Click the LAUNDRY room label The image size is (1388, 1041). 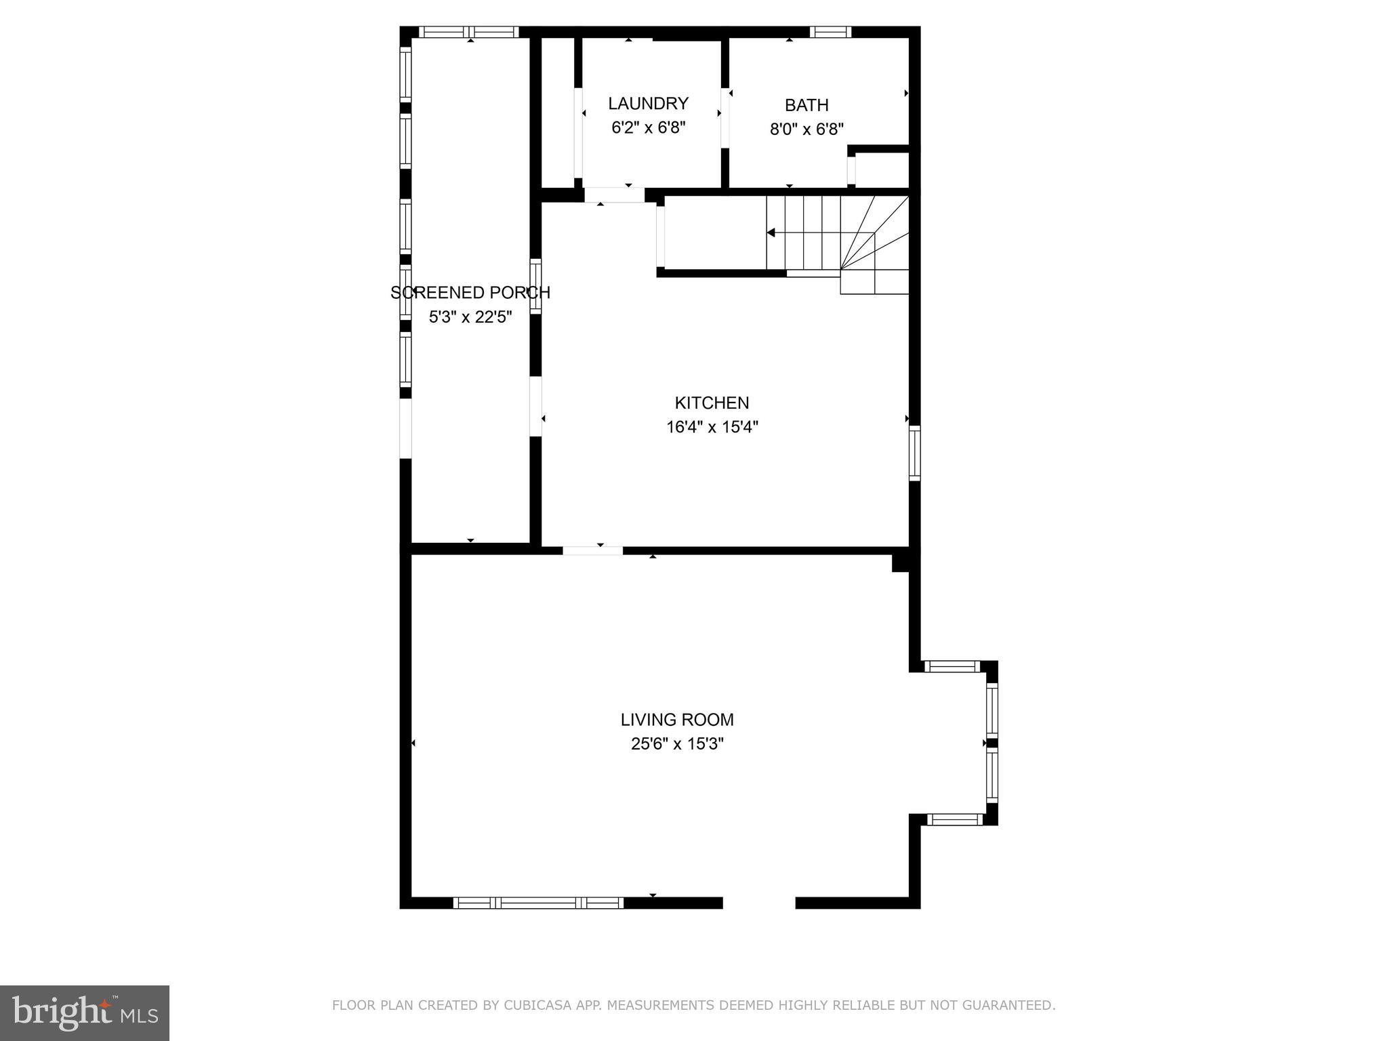(648, 104)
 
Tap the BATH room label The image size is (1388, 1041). (807, 106)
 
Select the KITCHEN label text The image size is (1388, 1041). (712, 403)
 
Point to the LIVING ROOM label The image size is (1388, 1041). (677, 720)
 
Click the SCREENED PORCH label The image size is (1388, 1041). (470, 293)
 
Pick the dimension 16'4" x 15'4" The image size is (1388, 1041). (712, 428)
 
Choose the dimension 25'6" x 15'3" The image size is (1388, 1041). (677, 744)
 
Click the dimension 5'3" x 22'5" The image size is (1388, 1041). (470, 317)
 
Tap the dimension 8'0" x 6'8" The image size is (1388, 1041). (807, 129)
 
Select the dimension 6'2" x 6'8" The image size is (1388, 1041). (649, 128)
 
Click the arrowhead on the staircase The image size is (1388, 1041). (771, 232)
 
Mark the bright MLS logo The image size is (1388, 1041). (85, 1013)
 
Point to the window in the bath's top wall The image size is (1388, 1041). (830, 32)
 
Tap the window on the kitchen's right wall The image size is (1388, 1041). (915, 453)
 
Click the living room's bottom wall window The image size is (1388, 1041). (538, 903)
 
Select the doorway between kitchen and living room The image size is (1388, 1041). (592, 550)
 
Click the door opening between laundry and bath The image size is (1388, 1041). (725, 118)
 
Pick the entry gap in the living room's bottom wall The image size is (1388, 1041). (758, 903)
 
